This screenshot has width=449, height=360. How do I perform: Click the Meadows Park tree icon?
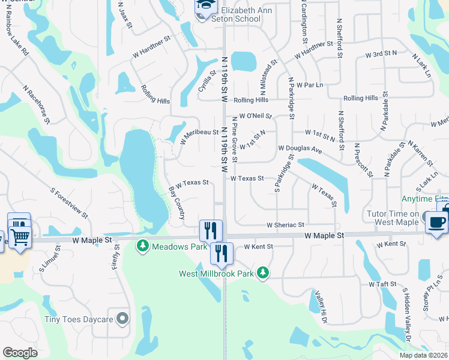[x=142, y=246]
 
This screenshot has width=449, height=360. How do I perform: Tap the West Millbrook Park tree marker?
[x=262, y=274]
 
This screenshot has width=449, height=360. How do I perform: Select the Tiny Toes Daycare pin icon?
[x=122, y=319]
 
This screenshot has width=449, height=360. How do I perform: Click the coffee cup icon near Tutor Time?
[x=436, y=221]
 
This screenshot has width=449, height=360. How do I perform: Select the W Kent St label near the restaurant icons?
[x=258, y=247]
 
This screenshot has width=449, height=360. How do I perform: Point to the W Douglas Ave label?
[x=300, y=148]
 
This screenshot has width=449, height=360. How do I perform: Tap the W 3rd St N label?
[x=381, y=55]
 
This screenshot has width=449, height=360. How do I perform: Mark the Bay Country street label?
[x=176, y=202]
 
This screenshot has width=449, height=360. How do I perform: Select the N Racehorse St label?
[x=37, y=104]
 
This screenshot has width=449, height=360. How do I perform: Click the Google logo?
[x=20, y=353]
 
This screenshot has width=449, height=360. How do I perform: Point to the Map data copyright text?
[x=423, y=355]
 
